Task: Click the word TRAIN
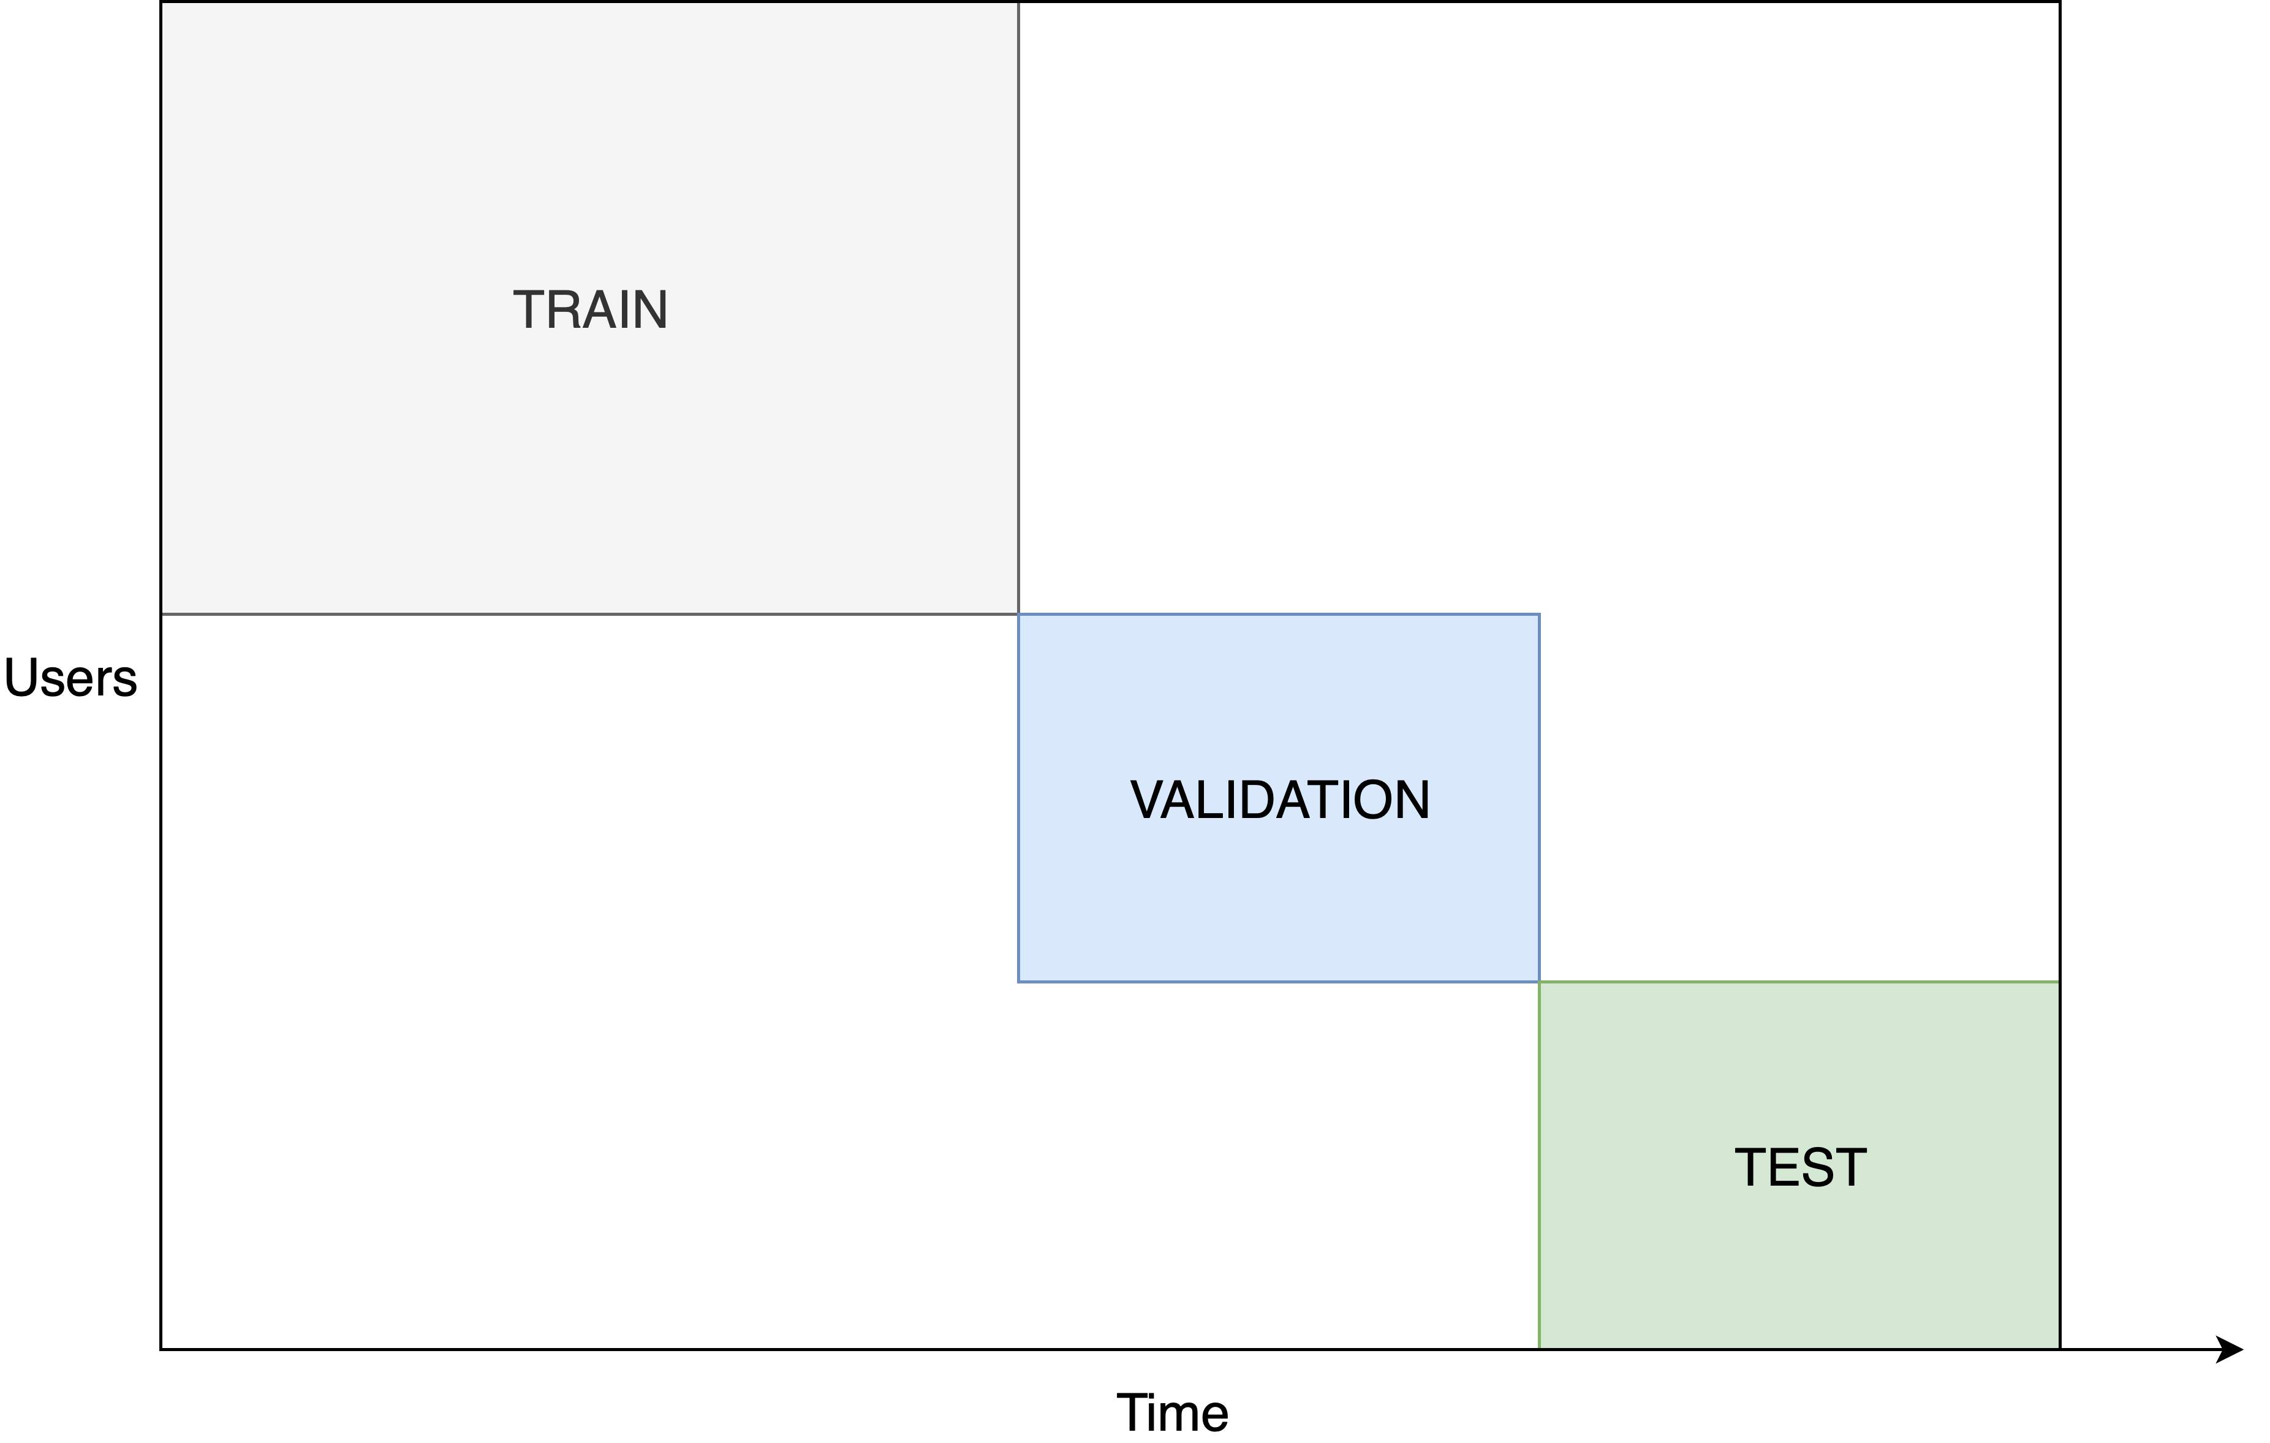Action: pos(590,310)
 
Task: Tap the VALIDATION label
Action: pos(1279,800)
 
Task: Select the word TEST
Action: pos(1801,1168)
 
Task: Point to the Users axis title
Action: pos(70,678)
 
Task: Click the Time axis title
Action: pos(1173,1413)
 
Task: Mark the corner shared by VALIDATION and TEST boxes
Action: pos(1540,982)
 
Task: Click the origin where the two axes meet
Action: pos(161,1350)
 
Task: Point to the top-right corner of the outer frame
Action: pos(2060,2)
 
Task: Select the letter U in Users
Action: pos(21,678)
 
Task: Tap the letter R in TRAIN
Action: pos(566,310)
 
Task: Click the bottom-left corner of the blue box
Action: pos(1019,982)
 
